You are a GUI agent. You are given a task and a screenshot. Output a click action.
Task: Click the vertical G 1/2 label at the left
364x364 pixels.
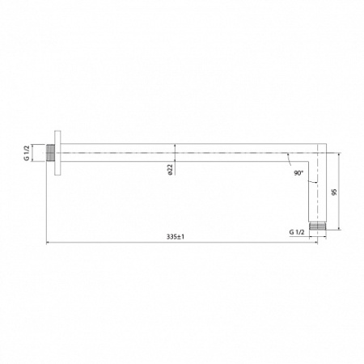27,153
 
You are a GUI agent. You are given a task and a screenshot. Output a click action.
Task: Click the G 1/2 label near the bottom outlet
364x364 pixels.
297,232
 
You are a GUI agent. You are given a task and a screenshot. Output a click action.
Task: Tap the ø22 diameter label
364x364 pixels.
170,170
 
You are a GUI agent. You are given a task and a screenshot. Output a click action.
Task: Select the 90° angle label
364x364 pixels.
298,173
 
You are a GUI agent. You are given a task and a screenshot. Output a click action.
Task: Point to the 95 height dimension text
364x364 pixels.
334,193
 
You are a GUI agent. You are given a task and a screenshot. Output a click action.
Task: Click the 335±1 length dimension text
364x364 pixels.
176,237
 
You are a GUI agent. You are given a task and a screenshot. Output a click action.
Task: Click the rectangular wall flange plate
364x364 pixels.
57,153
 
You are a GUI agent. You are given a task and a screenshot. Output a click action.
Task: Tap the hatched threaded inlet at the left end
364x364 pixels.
51,153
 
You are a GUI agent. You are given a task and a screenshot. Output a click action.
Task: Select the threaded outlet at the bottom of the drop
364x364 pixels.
317,226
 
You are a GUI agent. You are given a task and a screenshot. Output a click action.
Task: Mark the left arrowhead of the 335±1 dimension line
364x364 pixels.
48,243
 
